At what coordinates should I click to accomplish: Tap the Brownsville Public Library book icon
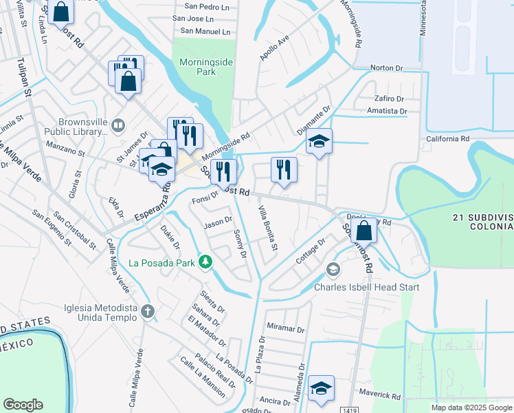(118, 125)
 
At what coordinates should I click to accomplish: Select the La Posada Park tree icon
(205, 262)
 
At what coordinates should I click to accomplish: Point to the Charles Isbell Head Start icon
(333, 269)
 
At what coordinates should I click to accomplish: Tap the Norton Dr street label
(386, 68)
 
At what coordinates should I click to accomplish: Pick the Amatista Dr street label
(388, 111)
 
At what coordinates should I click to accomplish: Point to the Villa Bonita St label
(267, 228)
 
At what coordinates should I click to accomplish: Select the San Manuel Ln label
(205, 31)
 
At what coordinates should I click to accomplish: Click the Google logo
(23, 405)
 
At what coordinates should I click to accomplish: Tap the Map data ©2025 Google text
(471, 407)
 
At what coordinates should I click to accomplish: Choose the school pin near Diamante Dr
(319, 141)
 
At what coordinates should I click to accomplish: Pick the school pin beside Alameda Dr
(321, 388)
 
